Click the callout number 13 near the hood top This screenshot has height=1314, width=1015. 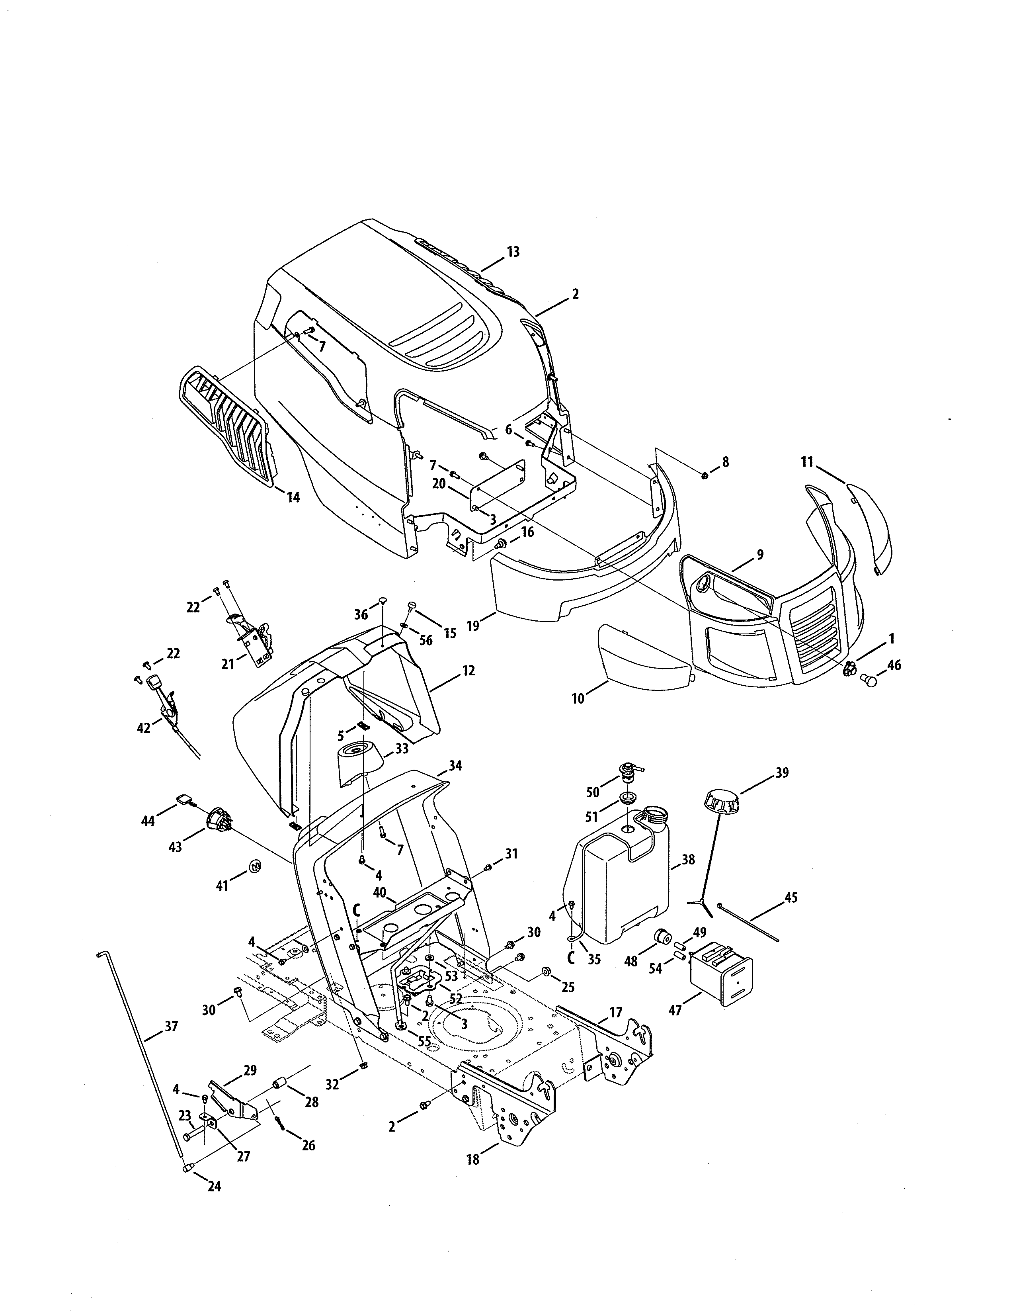pyautogui.click(x=513, y=252)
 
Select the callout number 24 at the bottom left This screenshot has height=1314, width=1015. pyautogui.click(x=214, y=1186)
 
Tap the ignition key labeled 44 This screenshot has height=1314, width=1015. pyautogui.click(x=184, y=799)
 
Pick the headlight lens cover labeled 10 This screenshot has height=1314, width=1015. pyautogui.click(x=643, y=656)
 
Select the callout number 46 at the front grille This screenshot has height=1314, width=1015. pyautogui.click(x=894, y=665)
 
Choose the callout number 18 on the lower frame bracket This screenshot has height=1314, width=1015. pyautogui.click(x=473, y=1160)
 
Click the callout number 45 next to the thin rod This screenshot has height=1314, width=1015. pyautogui.click(x=791, y=915)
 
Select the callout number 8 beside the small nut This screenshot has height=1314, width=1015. pyautogui.click(x=725, y=462)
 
